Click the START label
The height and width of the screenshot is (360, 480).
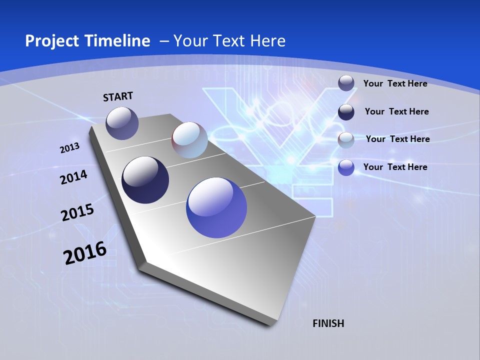click(118, 96)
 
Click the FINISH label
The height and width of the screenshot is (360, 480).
click(328, 323)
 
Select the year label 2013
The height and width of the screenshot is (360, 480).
click(69, 148)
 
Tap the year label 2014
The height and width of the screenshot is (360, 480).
click(73, 177)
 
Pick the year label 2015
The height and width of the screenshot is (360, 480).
click(77, 212)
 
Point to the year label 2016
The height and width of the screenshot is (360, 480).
click(84, 253)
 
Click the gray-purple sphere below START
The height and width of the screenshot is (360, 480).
click(122, 123)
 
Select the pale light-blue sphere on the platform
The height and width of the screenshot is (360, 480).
click(189, 140)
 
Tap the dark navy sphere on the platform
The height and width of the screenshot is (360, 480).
click(145, 180)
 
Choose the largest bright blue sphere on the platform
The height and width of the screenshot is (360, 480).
click(216, 207)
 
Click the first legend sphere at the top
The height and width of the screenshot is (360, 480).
click(346, 83)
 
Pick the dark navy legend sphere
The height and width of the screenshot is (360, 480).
click(346, 112)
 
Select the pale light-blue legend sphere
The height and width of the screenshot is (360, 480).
click(346, 140)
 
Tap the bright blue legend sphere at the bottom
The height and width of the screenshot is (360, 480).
click(346, 167)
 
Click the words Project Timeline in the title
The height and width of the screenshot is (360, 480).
click(87, 41)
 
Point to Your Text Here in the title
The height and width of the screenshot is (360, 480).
click(229, 41)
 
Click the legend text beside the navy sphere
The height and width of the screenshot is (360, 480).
click(396, 111)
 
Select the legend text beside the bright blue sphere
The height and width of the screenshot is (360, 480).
click(395, 167)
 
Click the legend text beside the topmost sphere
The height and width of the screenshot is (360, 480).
click(395, 83)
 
